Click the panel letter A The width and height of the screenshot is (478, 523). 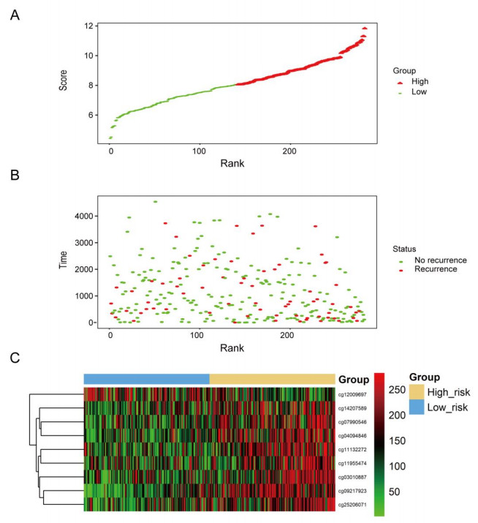click(15, 15)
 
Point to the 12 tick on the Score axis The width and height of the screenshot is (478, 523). click(88, 26)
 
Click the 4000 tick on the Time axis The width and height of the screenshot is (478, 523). click(82, 217)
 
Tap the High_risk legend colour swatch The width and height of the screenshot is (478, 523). click(416, 393)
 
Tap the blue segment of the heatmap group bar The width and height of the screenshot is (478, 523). click(146, 379)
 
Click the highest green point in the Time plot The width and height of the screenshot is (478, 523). click(155, 201)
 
